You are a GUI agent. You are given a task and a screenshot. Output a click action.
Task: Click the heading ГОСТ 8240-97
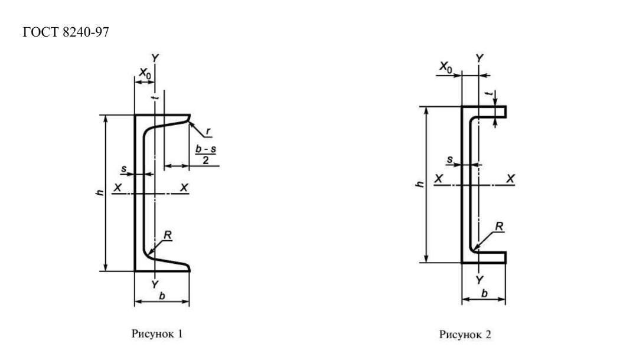[x=66, y=32]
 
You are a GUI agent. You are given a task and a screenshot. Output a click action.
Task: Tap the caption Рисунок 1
[x=157, y=334]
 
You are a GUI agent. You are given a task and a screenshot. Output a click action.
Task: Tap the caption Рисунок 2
[x=465, y=335]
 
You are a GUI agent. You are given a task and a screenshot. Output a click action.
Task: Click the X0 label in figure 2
[x=445, y=67]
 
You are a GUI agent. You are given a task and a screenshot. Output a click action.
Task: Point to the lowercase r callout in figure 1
[x=208, y=131]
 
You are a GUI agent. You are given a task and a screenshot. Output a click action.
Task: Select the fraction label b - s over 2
[x=206, y=155]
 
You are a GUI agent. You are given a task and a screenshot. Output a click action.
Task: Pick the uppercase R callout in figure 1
[x=168, y=235]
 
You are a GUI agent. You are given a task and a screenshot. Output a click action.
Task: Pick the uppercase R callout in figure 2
[x=499, y=226]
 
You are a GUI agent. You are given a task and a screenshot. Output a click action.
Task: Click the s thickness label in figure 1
[x=124, y=169]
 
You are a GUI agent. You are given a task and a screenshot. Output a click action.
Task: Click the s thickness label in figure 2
[x=449, y=159]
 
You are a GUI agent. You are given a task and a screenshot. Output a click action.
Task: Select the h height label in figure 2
[x=420, y=184]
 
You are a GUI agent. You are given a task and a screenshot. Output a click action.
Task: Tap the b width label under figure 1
[x=162, y=296]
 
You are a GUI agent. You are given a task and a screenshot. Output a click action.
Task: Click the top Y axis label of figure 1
[x=155, y=58]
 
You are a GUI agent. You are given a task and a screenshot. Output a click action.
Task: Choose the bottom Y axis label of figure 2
[x=480, y=280]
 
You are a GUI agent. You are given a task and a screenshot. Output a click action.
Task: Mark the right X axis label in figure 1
[x=184, y=188]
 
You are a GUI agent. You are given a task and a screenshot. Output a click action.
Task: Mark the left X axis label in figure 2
[x=438, y=179]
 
